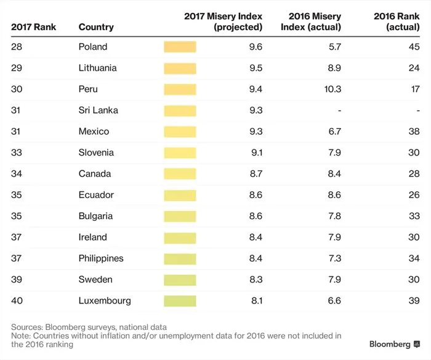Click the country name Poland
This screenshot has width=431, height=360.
(93, 47)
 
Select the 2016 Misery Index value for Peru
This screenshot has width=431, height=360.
(332, 89)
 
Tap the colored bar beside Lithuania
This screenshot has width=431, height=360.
(180, 68)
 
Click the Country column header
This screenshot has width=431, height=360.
(96, 27)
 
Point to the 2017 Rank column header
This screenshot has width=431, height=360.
(34, 27)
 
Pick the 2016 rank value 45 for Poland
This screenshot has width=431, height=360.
(414, 47)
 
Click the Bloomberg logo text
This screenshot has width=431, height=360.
(390, 343)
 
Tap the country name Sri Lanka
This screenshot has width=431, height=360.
(99, 110)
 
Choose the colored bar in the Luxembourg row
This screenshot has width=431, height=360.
(180, 301)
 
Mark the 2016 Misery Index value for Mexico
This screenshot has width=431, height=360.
(335, 132)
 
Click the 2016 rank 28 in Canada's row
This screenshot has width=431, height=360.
(414, 174)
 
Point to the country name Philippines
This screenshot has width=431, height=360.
(101, 258)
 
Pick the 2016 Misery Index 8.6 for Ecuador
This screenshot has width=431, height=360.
(335, 195)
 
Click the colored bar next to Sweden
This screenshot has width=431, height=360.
(180, 280)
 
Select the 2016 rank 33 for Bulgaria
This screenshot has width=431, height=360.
(414, 216)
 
